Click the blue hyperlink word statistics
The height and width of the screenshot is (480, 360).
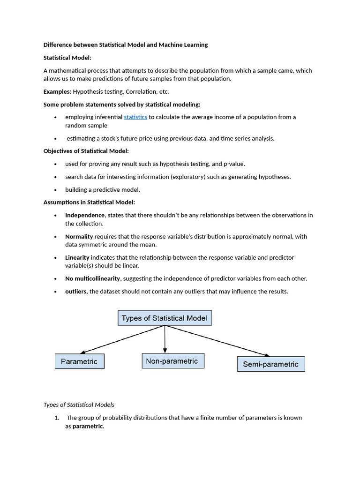tap(135, 117)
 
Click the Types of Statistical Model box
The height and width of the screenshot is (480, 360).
tap(165, 318)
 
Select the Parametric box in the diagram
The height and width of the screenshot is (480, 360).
tap(80, 361)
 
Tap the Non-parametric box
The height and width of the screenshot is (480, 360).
tap(172, 361)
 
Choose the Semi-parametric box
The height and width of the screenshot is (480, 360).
tap(271, 364)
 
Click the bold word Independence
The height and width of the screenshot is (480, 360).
tap(85, 215)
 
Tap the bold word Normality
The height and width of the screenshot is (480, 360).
tap(79, 237)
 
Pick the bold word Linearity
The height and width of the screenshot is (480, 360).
tap(77, 257)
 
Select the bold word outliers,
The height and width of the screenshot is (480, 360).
tap(76, 292)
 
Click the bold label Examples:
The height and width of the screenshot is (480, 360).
tap(57, 91)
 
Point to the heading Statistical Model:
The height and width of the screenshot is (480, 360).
tap(67, 58)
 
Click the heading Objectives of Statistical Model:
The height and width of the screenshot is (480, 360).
tap(86, 151)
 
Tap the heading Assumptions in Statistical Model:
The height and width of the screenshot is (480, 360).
tap(89, 202)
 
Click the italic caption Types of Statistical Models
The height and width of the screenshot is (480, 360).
tap(79, 405)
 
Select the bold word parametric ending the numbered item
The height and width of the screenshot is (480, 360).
tap(87, 426)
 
